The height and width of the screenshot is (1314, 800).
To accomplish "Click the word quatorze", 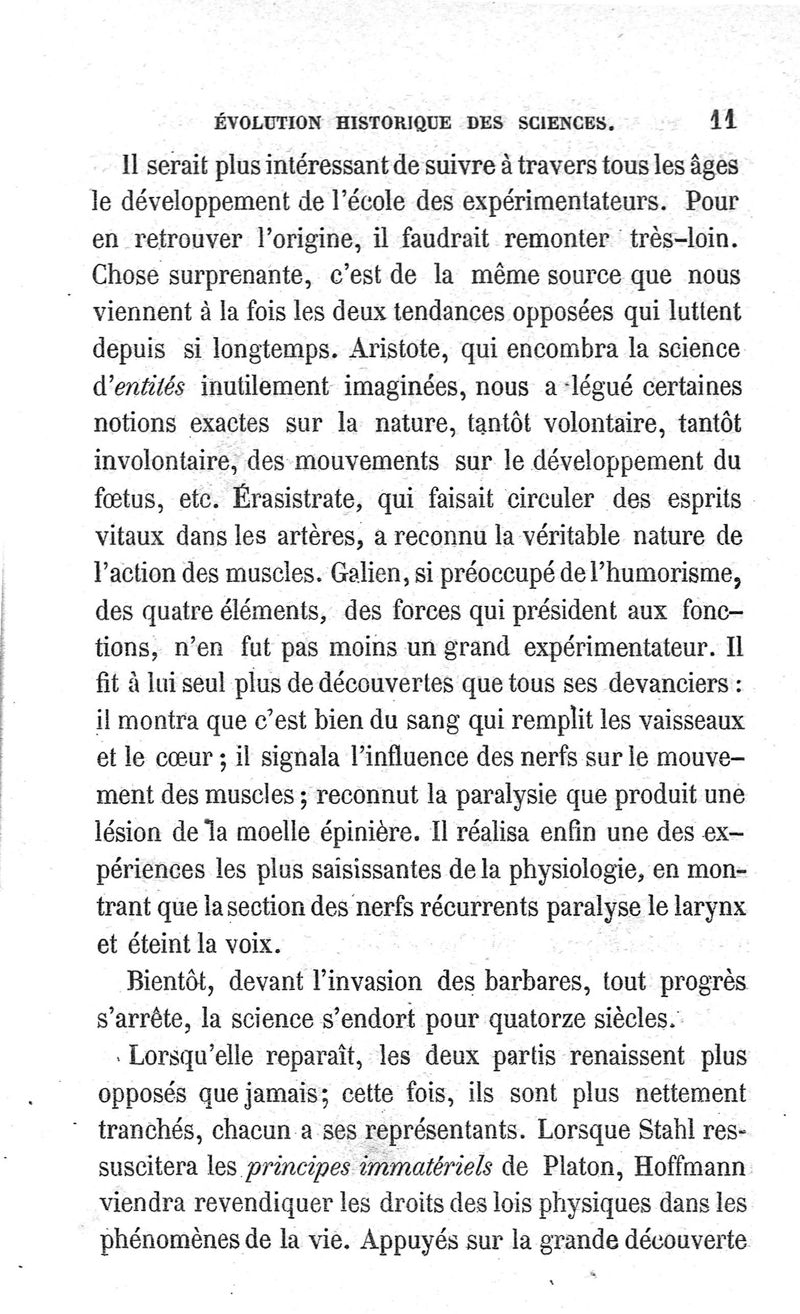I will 490,1014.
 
